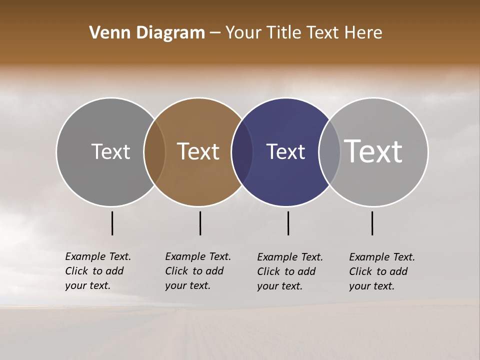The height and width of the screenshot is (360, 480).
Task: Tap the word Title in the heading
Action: [x=284, y=33]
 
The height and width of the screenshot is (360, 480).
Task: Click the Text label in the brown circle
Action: [x=198, y=151]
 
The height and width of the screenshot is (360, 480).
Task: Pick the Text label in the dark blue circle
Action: [x=285, y=151]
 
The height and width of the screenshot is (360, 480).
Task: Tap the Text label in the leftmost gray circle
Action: [x=110, y=151]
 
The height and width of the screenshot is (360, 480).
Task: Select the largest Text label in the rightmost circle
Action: [x=373, y=151]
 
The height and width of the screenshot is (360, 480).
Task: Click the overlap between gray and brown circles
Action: [x=154, y=152]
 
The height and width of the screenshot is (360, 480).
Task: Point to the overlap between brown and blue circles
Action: [x=242, y=152]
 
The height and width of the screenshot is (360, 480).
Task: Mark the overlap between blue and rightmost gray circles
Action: [x=329, y=152]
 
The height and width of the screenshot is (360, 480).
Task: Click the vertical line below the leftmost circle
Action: [x=112, y=223]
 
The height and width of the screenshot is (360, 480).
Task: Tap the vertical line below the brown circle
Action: [x=200, y=223]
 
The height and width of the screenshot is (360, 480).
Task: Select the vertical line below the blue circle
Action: [x=288, y=223]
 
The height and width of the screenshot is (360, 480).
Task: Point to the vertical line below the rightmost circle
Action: [x=372, y=223]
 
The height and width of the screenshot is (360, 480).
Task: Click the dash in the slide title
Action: [x=215, y=33]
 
